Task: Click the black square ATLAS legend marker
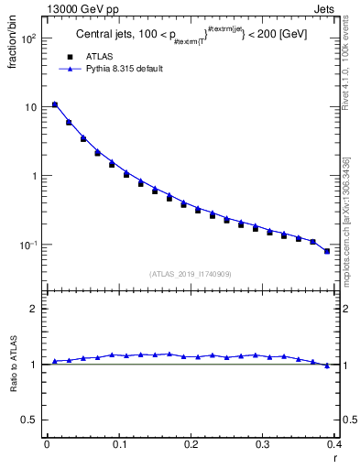[x=65, y=56]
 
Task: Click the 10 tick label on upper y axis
[x=29, y=107]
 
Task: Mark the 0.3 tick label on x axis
[x=262, y=443]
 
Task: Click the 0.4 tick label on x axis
[x=333, y=443]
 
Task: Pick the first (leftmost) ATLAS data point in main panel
[x=55, y=105]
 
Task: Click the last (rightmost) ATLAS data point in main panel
[x=327, y=251]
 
